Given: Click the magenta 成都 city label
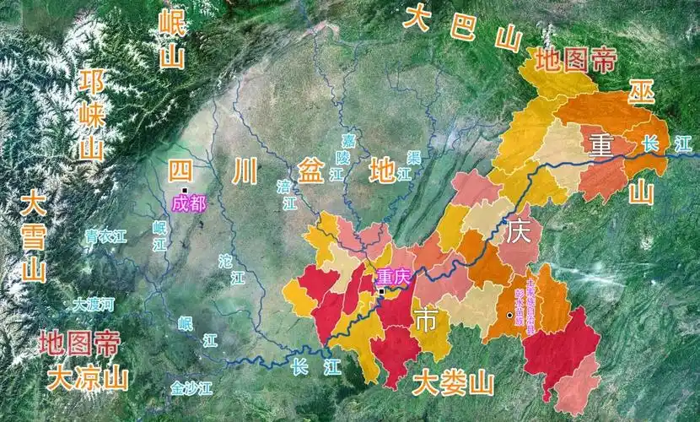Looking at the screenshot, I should click(188, 203).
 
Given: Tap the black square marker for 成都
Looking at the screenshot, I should click(183, 189).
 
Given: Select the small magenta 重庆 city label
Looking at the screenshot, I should click(393, 276).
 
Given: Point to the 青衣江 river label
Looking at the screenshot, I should click(105, 237).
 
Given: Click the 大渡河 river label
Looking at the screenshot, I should click(93, 304).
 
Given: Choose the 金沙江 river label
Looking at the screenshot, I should click(191, 388).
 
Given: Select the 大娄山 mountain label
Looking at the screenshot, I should click(453, 384).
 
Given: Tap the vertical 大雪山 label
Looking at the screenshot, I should click(34, 237).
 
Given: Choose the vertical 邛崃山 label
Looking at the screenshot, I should click(91, 115).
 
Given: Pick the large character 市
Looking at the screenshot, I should click(426, 320).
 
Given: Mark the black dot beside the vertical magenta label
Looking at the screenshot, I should click(509, 316).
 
